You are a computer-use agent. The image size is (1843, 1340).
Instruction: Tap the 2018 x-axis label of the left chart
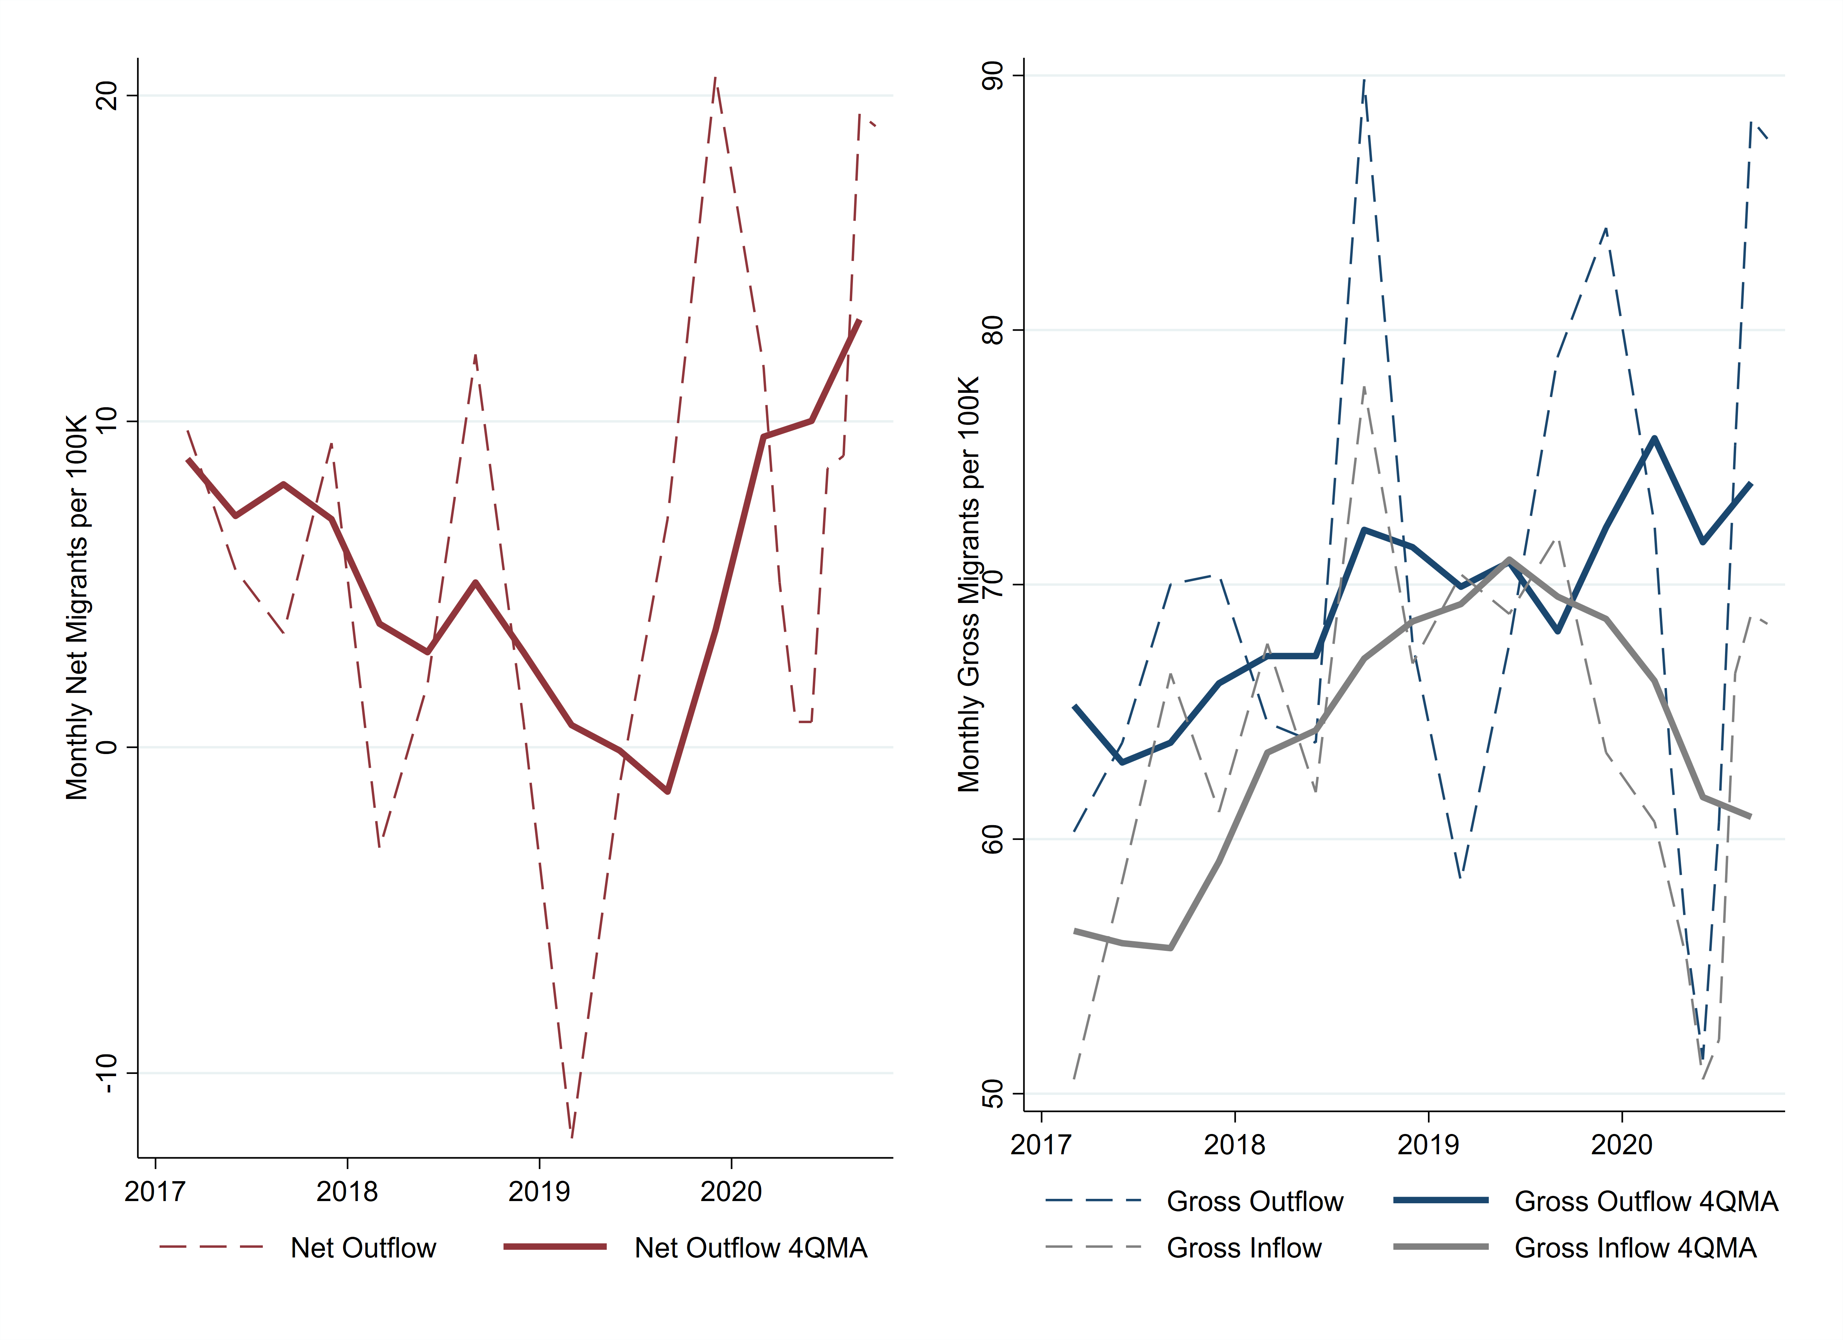[347, 1192]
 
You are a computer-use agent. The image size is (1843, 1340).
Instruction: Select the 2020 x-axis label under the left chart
[731, 1192]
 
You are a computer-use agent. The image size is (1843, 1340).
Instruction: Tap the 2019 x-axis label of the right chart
[1428, 1145]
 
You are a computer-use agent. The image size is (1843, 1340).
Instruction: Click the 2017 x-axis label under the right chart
[1041, 1145]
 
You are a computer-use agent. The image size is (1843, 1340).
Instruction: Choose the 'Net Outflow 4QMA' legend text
[751, 1247]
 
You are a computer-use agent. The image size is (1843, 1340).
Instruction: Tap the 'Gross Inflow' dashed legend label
[1244, 1247]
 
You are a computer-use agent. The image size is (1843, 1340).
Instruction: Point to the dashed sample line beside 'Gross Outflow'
[1094, 1200]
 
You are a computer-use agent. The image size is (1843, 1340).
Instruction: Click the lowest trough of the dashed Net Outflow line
[572, 1136]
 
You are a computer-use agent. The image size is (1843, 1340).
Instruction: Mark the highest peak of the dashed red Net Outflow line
[715, 78]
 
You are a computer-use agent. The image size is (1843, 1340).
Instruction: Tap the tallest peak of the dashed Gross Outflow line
[1364, 80]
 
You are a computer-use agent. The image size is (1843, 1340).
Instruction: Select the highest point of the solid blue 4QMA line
[1655, 439]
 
